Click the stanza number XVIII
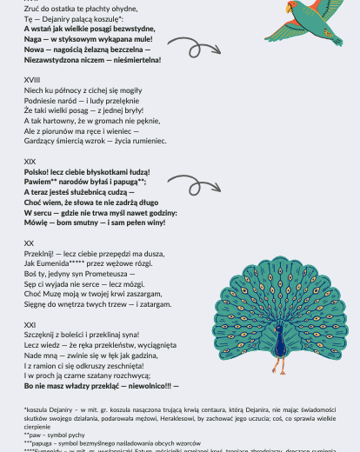pos(31,80)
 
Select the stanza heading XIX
pos(30,162)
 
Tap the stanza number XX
pos(29,243)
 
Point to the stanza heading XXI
pos(30,324)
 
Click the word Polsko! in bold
pos(38,172)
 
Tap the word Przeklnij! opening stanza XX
pos(40,253)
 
